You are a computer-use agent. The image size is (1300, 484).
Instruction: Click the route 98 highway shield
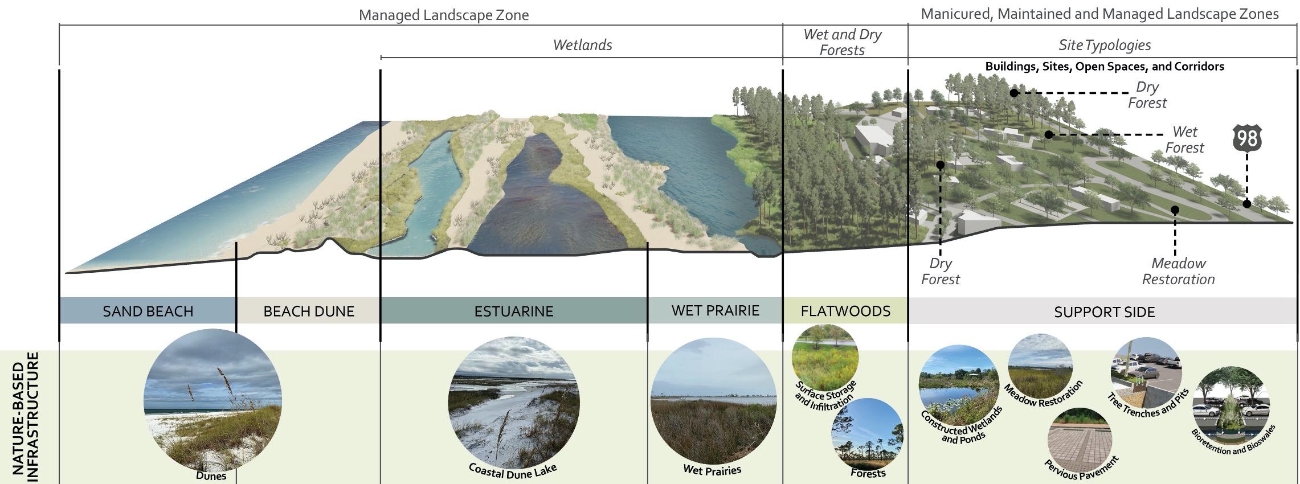point(1247,139)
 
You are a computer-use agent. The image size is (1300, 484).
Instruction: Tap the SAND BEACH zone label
point(148,311)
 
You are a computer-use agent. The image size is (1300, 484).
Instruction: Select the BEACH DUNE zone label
point(309,311)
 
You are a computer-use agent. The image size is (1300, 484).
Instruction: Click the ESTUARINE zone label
point(514,311)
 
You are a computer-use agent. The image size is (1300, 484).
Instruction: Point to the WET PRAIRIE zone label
point(715,310)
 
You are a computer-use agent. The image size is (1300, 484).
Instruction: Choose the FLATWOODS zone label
point(845,311)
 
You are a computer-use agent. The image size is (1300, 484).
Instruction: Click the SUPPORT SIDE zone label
point(1104,312)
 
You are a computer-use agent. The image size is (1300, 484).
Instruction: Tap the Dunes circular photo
point(212,398)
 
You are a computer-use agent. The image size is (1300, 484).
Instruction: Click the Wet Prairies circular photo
point(713,401)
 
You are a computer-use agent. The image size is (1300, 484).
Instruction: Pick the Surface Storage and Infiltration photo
point(825,358)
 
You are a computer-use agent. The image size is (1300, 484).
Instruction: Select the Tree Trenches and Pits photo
point(1146,372)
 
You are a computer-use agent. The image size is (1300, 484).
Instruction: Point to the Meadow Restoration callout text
point(1178,271)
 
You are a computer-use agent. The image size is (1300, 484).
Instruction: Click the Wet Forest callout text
point(1184,140)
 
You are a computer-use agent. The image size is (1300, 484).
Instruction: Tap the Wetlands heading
point(582,45)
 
